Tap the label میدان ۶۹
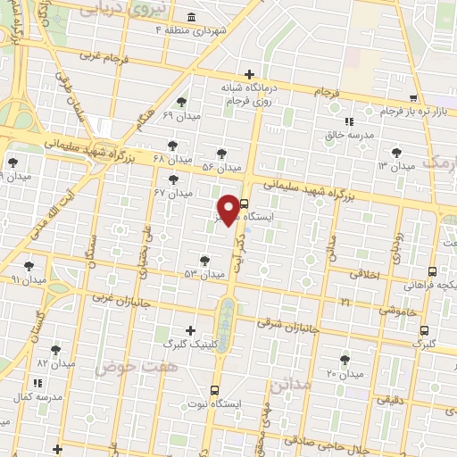pos(182,116)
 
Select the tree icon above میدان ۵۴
pos(221,154)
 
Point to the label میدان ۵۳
pos(204,274)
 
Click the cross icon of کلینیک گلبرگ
pos(189,330)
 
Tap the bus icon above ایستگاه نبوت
pos(214,390)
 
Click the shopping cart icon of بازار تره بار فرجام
pos(412,98)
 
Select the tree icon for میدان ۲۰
pos(345,360)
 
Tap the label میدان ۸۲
pos(54,363)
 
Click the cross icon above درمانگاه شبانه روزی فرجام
pos(250,74)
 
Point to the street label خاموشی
pos(388,310)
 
